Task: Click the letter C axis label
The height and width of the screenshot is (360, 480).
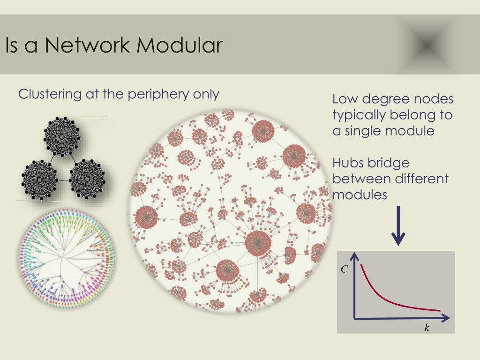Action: click(344, 270)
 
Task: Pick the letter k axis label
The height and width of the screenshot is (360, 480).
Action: click(427, 328)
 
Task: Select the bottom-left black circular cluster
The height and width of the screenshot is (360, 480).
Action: click(39, 180)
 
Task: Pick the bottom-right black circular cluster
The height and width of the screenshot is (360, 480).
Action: click(87, 179)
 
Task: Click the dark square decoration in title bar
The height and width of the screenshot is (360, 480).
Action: click(427, 45)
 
